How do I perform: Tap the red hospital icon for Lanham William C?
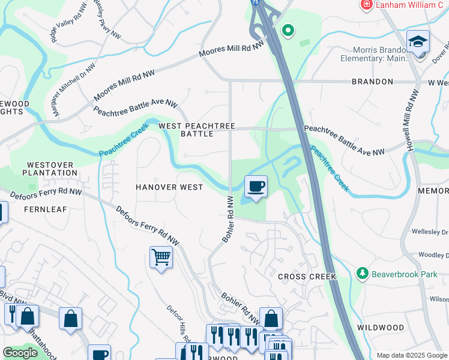pos(366,5)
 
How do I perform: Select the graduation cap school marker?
pos(418,42)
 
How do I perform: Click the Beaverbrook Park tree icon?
pos(362,274)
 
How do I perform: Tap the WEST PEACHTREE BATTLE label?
pos(196,130)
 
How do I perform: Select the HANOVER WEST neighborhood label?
pos(169,187)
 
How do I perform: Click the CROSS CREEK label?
pos(307,277)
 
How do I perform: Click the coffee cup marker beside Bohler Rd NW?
pos(256,187)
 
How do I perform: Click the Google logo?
pos(20,353)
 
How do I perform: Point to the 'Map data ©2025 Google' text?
pos(412,355)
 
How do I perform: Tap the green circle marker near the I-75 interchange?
pos(289,29)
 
